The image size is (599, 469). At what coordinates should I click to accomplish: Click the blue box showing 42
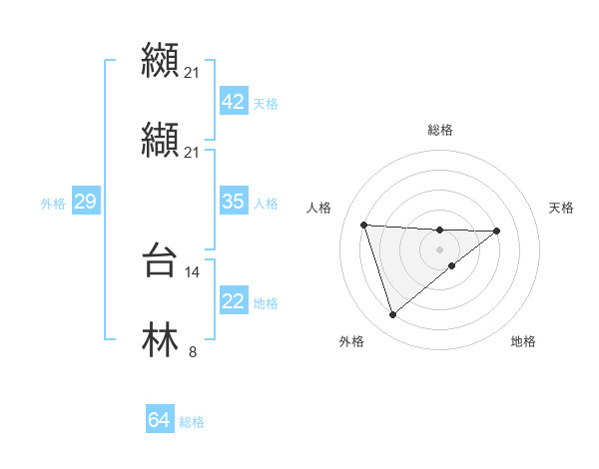(x=233, y=102)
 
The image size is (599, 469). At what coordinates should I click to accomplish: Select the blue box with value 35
(x=233, y=202)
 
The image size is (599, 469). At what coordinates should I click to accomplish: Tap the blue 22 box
(x=233, y=301)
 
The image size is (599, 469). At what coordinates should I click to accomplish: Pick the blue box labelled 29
(x=85, y=202)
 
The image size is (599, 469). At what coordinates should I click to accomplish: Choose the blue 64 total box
(x=159, y=421)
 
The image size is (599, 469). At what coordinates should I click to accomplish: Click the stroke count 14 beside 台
(x=193, y=271)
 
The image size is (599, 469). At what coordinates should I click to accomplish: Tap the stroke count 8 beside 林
(x=193, y=350)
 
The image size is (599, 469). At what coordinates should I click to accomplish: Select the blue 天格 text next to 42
(x=266, y=103)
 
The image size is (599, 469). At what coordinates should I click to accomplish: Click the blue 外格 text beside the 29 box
(x=53, y=203)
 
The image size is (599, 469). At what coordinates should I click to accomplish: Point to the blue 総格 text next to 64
(x=192, y=422)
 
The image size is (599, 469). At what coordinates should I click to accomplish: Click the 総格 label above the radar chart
(x=439, y=130)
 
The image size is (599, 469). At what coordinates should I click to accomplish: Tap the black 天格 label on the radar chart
(x=562, y=208)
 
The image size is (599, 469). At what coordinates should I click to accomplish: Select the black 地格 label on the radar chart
(x=523, y=341)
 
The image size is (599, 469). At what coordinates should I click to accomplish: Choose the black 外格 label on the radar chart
(x=351, y=341)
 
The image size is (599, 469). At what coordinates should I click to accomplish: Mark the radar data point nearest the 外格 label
(x=393, y=315)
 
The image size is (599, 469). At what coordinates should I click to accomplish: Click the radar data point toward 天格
(x=497, y=231)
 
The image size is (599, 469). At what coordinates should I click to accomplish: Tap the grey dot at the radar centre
(x=439, y=248)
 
